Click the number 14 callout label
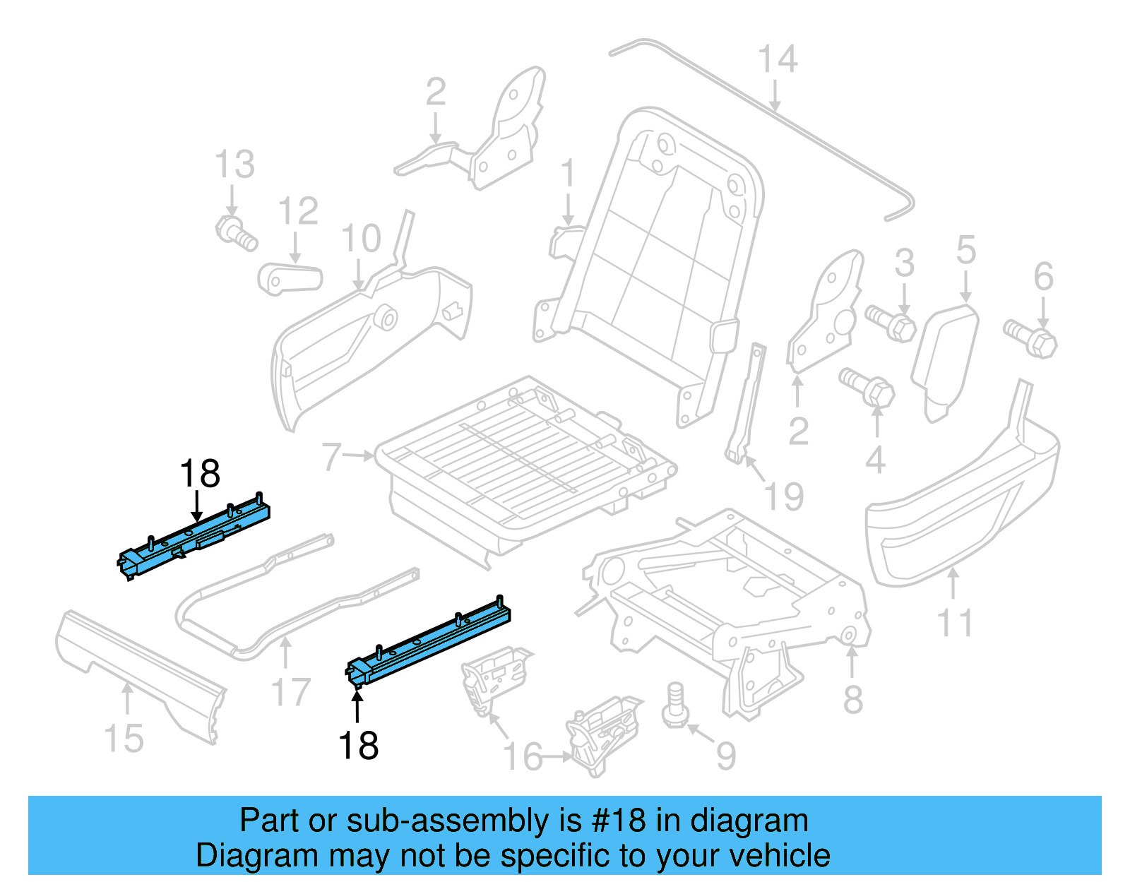point(778,59)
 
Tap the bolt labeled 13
point(235,233)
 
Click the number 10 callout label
point(361,239)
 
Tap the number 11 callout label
point(954,623)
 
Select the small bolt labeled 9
point(675,705)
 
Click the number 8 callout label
point(853,699)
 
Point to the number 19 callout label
point(785,496)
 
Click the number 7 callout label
point(331,457)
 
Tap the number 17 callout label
point(290,692)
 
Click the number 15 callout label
point(124,739)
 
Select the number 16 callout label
point(522,757)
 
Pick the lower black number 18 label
point(358,746)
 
